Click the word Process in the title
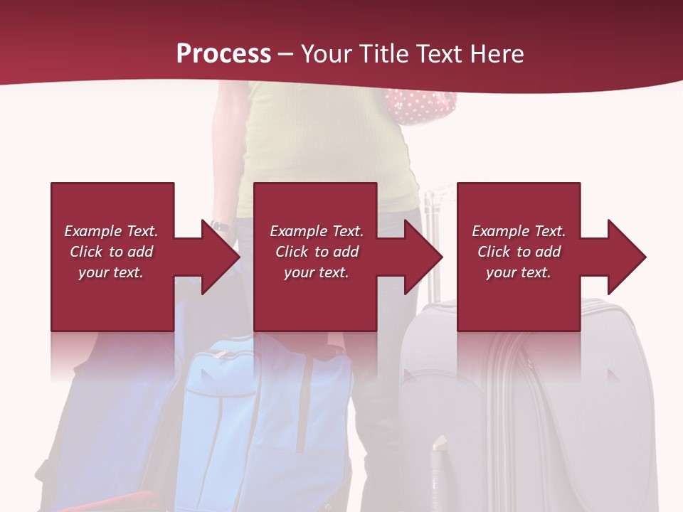223,53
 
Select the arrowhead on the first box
219,257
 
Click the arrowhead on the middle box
423,257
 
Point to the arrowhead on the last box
626,257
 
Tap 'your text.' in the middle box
316,272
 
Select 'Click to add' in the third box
519,252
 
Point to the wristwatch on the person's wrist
220,225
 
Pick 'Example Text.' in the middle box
316,231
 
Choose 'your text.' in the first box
111,272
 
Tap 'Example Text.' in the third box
519,231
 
